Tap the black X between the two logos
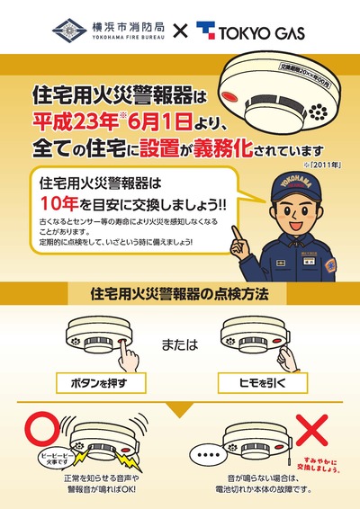[179, 33]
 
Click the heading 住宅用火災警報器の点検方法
[180, 293]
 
